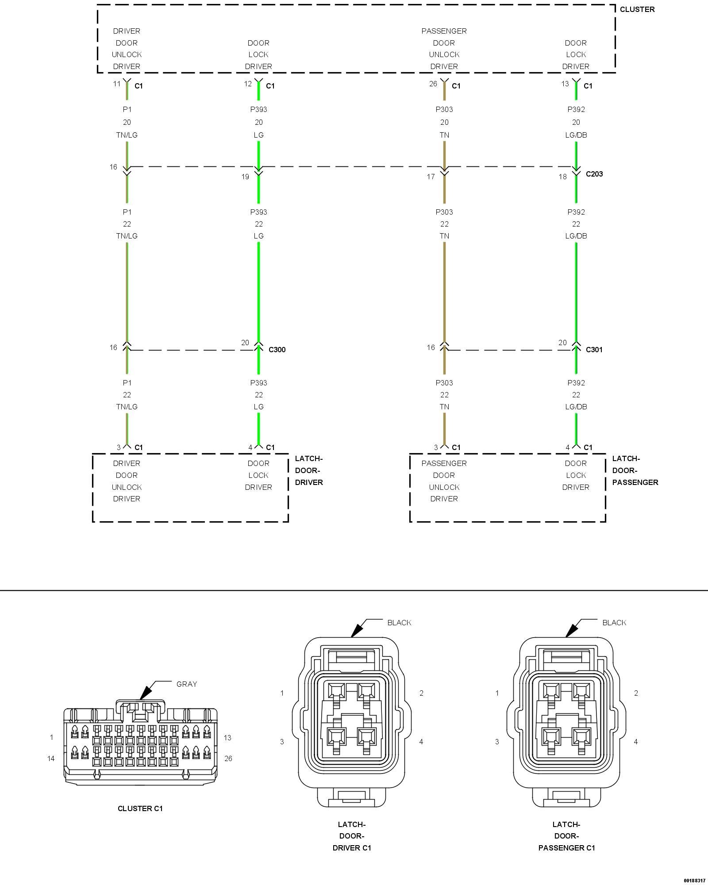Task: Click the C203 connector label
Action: coord(594,174)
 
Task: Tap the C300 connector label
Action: coord(277,350)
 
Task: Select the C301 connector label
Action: coord(594,350)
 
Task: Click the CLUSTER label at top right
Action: coord(637,9)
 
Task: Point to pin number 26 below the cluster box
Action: coord(433,84)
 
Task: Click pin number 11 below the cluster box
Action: coord(116,84)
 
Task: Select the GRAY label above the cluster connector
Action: coord(186,684)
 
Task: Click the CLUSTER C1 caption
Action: coord(140,808)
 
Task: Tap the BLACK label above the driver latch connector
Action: coord(399,623)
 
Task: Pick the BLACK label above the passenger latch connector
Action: coord(614,623)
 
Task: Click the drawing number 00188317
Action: coord(694,881)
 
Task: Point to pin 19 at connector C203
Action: coord(245,177)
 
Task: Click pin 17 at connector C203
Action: coord(431,177)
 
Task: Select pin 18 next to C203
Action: coord(562,177)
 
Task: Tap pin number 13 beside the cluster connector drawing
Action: coord(227,738)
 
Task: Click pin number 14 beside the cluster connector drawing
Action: coord(51,758)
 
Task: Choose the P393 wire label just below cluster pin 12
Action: coord(258,109)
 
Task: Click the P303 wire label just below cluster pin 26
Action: coord(444,109)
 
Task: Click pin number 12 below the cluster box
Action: coord(248,84)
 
